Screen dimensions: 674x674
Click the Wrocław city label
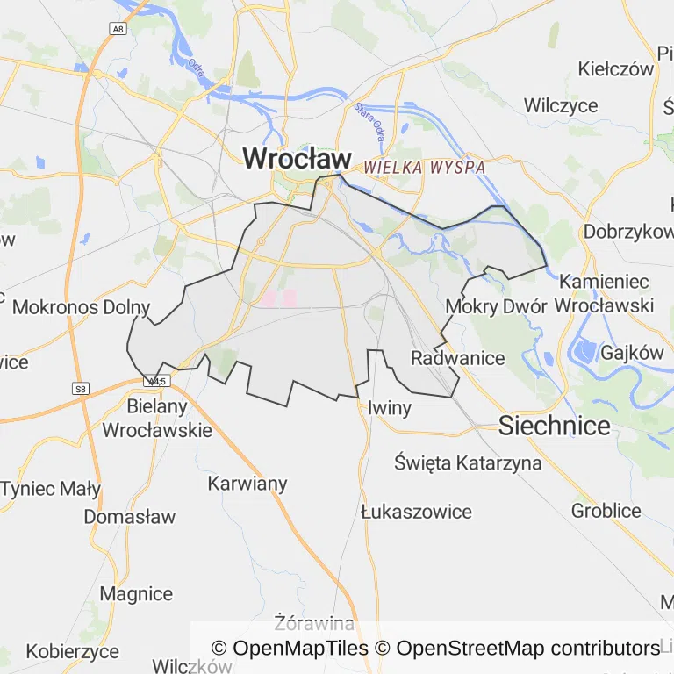(x=297, y=159)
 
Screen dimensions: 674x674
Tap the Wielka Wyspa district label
(x=425, y=167)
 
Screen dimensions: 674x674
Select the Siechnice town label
(x=554, y=427)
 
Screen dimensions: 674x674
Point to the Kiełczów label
(x=617, y=69)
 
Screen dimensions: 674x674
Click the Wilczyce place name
(x=561, y=106)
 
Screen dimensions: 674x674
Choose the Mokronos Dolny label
(x=81, y=308)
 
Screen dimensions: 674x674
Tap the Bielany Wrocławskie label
(x=157, y=419)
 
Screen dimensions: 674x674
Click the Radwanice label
(x=457, y=358)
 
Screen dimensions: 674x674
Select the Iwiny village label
(x=389, y=407)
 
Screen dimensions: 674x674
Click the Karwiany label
(x=247, y=484)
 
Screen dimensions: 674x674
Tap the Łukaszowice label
(x=416, y=512)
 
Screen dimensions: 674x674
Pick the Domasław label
(x=129, y=517)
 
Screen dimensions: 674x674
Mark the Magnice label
(x=136, y=593)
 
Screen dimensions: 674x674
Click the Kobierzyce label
(x=72, y=651)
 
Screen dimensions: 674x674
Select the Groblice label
(x=606, y=510)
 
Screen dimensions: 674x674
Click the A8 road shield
(x=117, y=29)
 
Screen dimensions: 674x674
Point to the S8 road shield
(x=81, y=388)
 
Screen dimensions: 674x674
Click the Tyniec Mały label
(x=51, y=489)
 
